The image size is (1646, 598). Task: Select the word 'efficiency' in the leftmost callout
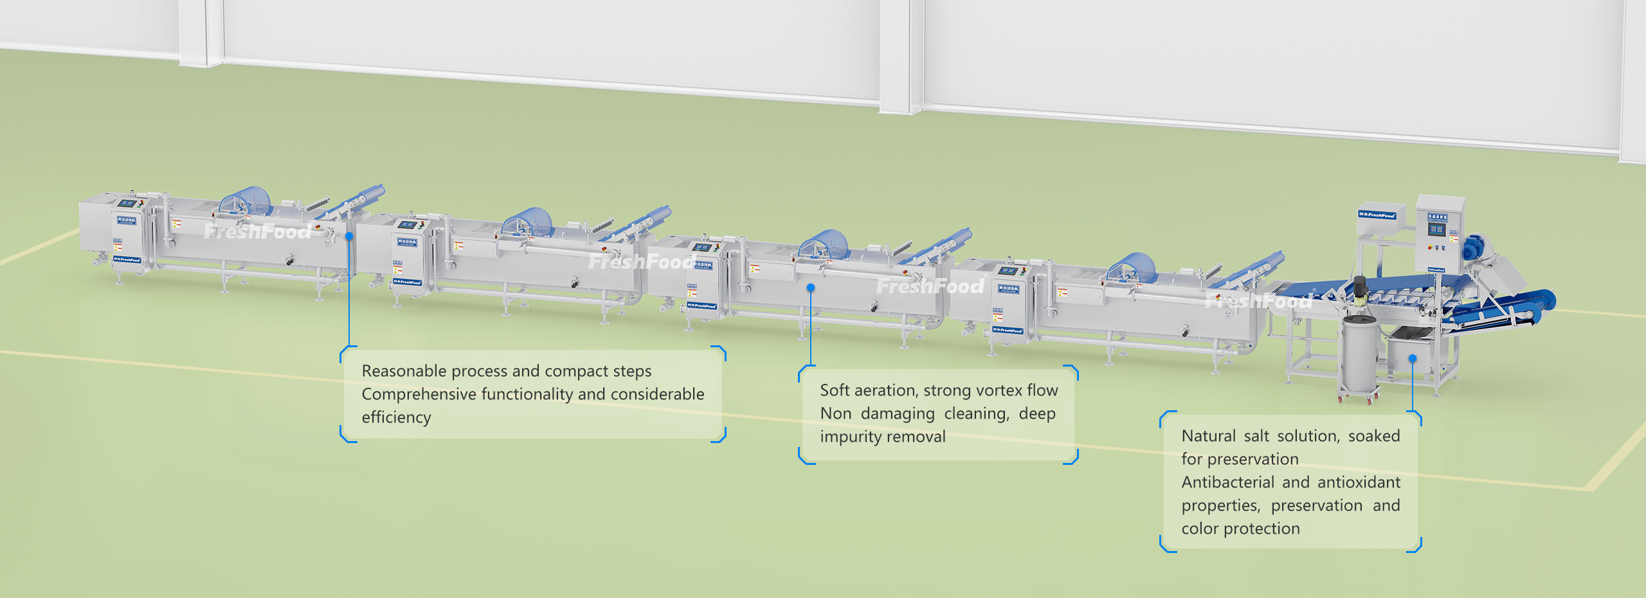[x=396, y=417]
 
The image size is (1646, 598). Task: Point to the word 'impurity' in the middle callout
[x=849, y=437]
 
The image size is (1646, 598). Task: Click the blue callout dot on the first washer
[x=349, y=236]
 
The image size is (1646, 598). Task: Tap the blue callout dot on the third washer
[x=811, y=287]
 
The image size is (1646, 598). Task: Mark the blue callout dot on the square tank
[x=1413, y=358]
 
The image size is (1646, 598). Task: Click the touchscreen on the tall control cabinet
[x=1436, y=230]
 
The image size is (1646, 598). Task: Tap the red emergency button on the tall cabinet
[x=1430, y=247]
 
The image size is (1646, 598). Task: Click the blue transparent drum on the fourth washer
[x=1132, y=268]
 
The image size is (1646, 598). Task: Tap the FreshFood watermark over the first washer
[x=258, y=231]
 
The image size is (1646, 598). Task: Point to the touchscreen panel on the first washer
[x=127, y=204]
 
